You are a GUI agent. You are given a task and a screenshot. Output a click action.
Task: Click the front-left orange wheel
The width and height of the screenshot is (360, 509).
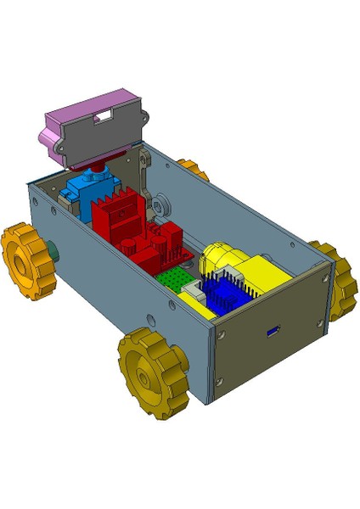click(155, 373)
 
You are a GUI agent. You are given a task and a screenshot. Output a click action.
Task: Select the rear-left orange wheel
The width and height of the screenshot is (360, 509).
click(26, 260)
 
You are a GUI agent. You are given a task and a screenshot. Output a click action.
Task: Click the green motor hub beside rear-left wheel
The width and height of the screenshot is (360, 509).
click(53, 251)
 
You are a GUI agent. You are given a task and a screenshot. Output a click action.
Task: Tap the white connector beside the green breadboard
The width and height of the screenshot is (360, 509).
click(194, 294)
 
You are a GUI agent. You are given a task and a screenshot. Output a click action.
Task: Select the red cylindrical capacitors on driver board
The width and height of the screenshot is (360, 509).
click(136, 246)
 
